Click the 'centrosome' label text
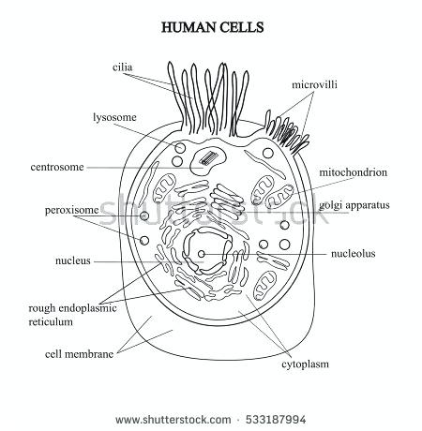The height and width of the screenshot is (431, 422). pos(56,168)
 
